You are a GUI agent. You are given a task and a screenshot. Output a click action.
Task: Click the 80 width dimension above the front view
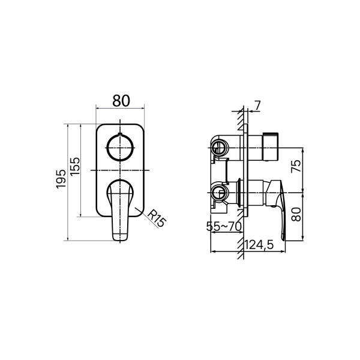pos(121,101)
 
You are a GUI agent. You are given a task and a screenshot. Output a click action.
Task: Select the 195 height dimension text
pos(61,179)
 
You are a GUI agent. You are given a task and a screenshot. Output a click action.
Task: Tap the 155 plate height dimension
pos(75,166)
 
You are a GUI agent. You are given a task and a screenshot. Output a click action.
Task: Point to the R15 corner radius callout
pos(157,218)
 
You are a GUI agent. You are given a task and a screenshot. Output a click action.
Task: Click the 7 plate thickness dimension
pos(257,106)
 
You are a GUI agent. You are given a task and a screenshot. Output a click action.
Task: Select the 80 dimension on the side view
pos(296,214)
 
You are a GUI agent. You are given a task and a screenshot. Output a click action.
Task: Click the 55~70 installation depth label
pos(224,226)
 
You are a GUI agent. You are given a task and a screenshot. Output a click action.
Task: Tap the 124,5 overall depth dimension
pos(259,245)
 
